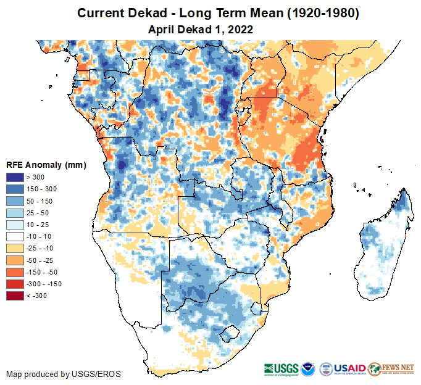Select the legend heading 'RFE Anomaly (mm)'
pos(46,165)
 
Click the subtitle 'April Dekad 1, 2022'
pos(201,29)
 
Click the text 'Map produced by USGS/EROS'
pos(64,374)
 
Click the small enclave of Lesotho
pos(230,335)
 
